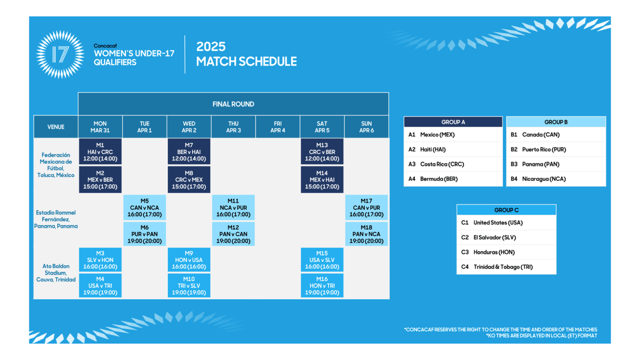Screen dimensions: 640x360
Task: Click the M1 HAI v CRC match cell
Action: point(100,151)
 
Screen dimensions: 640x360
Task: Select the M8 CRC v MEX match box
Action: point(189,180)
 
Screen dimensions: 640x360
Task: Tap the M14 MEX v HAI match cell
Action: point(322,180)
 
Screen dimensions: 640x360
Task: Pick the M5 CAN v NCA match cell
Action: point(145,207)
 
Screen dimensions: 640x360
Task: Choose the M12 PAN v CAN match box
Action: point(234,234)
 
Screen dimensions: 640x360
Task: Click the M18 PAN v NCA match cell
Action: point(366,234)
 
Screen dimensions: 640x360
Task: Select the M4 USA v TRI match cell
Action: point(100,285)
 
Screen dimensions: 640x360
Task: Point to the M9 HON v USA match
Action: point(189,260)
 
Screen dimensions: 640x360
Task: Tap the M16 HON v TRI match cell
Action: point(322,285)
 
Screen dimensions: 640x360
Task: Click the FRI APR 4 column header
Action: point(278,127)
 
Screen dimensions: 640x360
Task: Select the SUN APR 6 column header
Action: point(366,127)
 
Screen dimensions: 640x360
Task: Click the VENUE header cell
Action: point(55,127)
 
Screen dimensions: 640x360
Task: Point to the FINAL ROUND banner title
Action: point(233,104)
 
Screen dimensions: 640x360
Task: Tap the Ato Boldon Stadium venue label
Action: point(56,273)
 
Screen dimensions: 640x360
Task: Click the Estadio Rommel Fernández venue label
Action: point(56,219)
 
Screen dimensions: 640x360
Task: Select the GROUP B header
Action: point(556,122)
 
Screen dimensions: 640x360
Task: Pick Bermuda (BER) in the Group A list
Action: point(439,179)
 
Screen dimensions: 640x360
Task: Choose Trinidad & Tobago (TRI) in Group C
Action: point(503,267)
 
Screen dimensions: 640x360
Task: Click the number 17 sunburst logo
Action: point(60,54)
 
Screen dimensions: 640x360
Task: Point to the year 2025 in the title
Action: point(211,46)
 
